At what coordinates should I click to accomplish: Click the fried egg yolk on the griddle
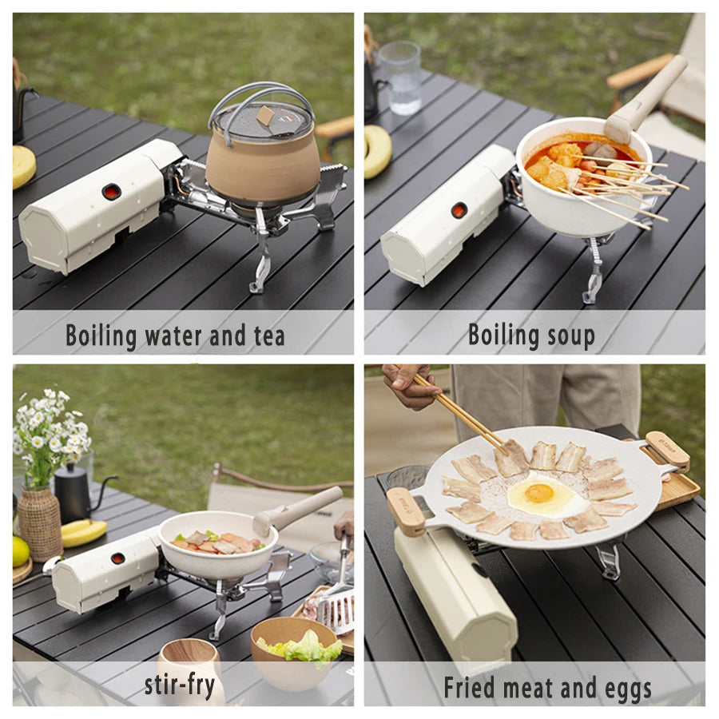539,493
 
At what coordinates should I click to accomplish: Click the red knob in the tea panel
112,192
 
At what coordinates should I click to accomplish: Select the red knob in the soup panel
459,210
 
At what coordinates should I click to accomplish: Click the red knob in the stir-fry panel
117,558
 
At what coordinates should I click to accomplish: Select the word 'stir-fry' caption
180,685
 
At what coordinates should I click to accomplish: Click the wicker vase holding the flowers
39,523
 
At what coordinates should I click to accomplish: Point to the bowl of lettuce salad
295,651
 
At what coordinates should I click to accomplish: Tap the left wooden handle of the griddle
406,511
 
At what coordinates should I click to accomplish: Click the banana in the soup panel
378,151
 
